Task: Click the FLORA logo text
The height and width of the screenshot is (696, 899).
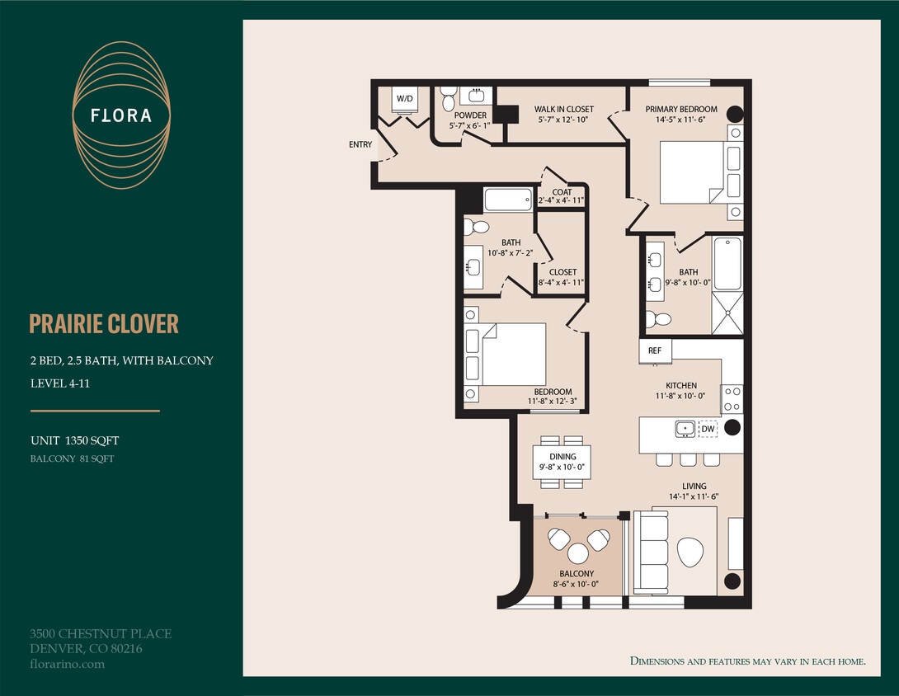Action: pyautogui.click(x=121, y=115)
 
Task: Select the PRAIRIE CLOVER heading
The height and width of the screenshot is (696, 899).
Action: pyautogui.click(x=104, y=324)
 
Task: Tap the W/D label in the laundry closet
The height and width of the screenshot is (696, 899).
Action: pyautogui.click(x=405, y=99)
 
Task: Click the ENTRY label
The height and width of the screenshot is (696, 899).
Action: pyautogui.click(x=360, y=145)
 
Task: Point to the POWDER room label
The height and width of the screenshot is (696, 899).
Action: pyautogui.click(x=470, y=115)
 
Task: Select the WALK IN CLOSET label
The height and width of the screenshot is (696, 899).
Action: pyautogui.click(x=563, y=110)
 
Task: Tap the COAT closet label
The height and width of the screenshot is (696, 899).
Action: pyautogui.click(x=562, y=193)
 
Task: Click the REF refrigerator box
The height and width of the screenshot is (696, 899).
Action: pyautogui.click(x=655, y=350)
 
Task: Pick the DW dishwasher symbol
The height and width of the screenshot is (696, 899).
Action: pyautogui.click(x=708, y=429)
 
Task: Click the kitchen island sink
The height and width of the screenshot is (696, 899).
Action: pyautogui.click(x=685, y=429)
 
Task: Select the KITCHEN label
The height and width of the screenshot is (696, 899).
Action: pyautogui.click(x=681, y=385)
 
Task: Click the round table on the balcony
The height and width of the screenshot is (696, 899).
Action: pyautogui.click(x=577, y=552)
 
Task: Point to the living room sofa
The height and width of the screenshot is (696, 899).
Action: pyautogui.click(x=652, y=551)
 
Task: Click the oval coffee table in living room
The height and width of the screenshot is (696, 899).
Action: pyautogui.click(x=690, y=551)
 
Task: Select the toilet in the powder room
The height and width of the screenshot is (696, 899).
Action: pyautogui.click(x=449, y=101)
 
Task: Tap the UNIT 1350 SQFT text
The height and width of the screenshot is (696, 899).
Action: pyautogui.click(x=69, y=441)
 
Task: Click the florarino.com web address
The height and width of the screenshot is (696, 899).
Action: pyautogui.click(x=67, y=664)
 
